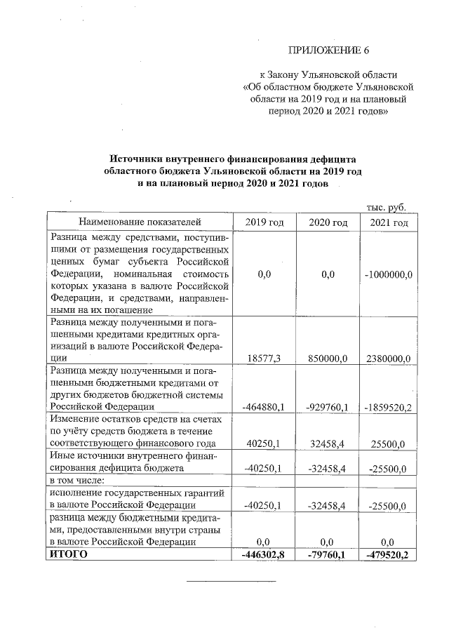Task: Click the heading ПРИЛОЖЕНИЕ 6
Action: coord(329,51)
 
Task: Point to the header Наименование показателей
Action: coord(139,222)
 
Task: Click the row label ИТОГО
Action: coord(67,554)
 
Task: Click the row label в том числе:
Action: coord(76,481)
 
